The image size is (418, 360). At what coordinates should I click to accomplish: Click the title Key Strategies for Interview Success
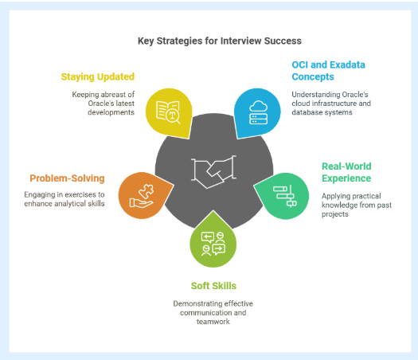coord(220,41)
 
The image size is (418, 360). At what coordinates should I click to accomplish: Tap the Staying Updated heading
coord(98,76)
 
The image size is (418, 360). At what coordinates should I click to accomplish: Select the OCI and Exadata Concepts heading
coord(328,71)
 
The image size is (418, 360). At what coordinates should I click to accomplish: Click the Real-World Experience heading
coord(346,172)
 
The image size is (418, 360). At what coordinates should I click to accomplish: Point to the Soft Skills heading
coord(213,286)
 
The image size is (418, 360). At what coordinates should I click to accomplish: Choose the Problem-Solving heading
coord(67,178)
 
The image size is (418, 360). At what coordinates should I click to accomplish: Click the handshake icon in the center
coord(213,172)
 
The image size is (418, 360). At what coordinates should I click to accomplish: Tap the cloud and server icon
coord(258,112)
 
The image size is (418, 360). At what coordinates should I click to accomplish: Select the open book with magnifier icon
coord(168,112)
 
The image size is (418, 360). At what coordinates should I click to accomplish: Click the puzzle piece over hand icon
coord(142,196)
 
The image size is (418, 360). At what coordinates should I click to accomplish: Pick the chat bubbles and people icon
coord(213,244)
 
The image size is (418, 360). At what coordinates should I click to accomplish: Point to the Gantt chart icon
coord(285,196)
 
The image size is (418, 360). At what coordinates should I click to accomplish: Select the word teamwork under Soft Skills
coord(213,322)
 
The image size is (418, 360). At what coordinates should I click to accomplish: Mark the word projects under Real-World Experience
coord(335,214)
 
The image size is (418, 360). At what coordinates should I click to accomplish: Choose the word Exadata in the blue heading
coord(347,65)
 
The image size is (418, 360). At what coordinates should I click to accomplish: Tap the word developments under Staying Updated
coord(111,112)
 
